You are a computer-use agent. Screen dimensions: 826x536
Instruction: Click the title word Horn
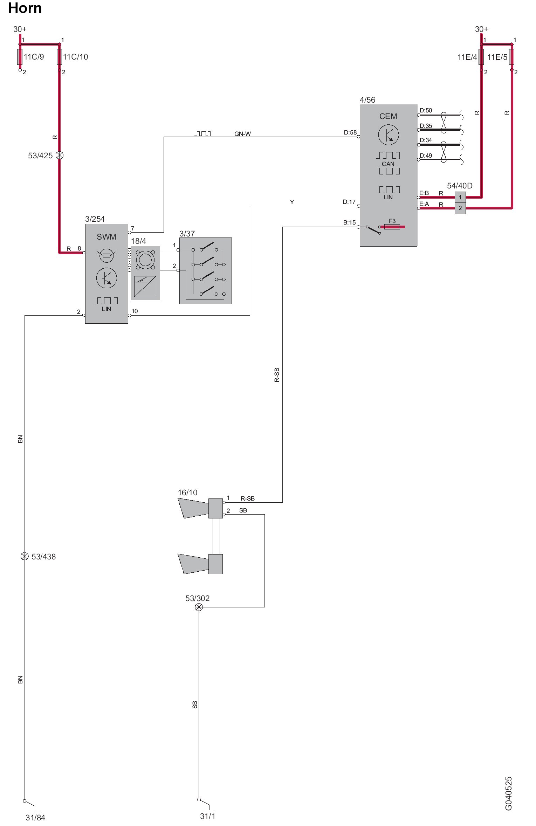25,8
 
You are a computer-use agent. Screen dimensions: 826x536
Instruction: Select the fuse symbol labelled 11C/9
20,57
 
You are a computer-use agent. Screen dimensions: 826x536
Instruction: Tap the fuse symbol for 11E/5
511,57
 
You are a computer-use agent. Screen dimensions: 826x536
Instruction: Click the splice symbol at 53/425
60,155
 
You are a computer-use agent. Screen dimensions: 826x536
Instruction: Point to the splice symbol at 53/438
25,556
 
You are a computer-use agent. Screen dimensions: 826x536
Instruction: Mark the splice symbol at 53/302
199,607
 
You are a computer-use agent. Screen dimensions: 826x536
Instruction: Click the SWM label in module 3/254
106,237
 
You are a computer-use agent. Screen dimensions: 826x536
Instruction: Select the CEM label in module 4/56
388,116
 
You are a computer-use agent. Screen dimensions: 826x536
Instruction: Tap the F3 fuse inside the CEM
392,227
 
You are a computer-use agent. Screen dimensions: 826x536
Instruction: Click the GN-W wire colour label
242,134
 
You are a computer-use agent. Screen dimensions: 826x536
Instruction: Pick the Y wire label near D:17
292,202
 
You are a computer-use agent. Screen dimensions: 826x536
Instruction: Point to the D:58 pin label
350,132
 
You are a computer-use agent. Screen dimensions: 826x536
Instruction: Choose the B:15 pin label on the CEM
349,222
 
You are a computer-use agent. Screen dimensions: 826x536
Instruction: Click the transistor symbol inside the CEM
389,135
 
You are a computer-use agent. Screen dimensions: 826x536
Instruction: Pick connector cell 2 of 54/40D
460,208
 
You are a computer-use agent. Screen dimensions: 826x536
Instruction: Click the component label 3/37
187,234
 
